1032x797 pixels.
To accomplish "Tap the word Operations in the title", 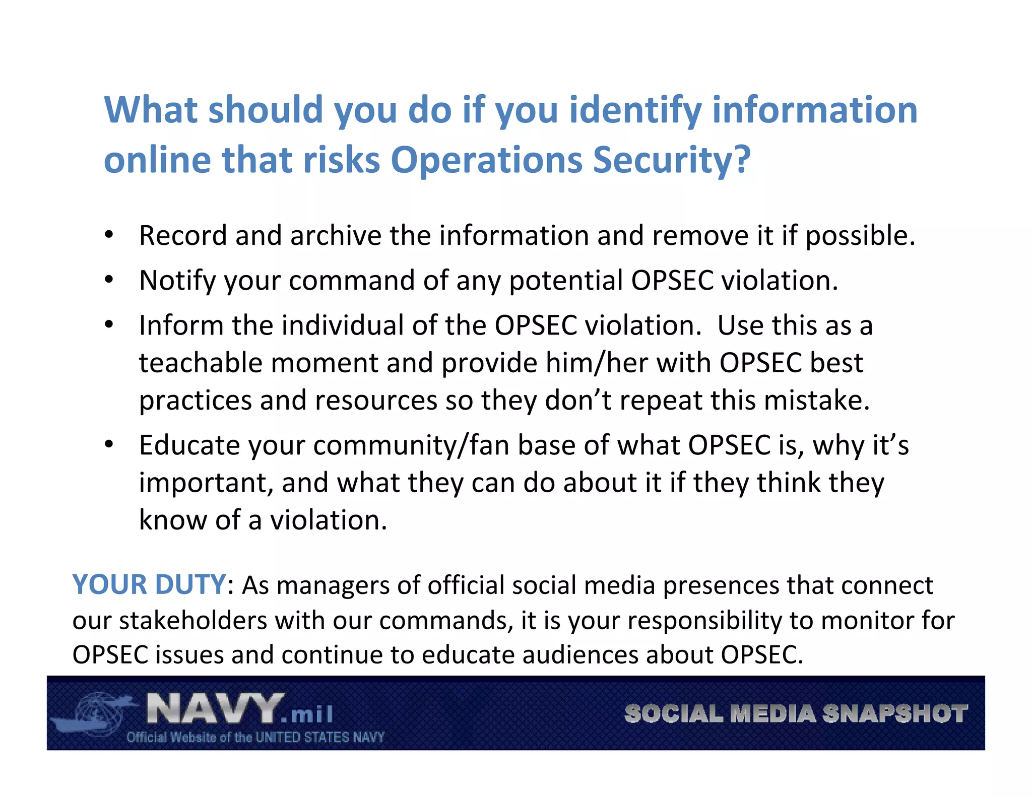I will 486,160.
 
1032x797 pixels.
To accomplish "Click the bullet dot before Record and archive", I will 109,235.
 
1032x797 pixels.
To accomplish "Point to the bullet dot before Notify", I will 109,280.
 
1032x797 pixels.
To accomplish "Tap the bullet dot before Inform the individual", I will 109,324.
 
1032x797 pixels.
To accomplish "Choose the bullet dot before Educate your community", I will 109,444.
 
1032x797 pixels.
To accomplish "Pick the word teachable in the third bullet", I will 201,363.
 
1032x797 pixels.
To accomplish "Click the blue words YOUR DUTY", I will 149,584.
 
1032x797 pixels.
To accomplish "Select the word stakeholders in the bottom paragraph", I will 193,620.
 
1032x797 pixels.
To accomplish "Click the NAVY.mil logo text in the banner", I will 239,709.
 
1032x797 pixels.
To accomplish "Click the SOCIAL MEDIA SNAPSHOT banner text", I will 796,713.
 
